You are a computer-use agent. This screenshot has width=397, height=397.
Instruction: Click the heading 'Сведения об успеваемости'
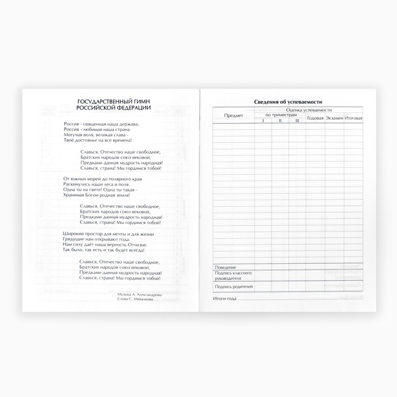(285, 102)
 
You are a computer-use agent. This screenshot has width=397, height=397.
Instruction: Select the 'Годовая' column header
(315, 118)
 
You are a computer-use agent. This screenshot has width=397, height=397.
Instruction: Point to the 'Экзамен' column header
(334, 118)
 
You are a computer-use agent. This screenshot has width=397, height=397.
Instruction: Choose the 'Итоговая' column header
(353, 118)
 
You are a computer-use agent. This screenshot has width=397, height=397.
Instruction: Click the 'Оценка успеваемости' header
(309, 109)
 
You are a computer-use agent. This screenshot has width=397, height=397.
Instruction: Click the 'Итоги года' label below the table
(224, 298)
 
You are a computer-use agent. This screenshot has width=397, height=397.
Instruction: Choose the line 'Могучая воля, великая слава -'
(96, 134)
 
